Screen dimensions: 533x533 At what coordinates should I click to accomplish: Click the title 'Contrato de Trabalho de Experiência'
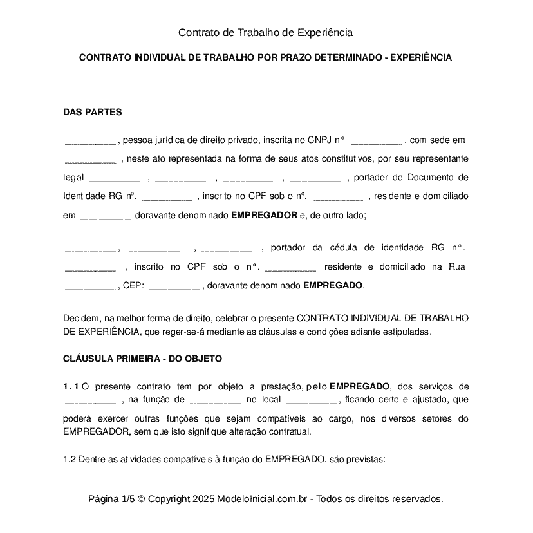click(x=265, y=32)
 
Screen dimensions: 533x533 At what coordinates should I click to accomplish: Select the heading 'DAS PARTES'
click(x=92, y=112)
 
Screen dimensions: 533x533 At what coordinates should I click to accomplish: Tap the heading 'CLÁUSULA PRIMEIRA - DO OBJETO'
click(x=142, y=359)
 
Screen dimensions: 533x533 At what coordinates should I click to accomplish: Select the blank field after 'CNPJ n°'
click(x=377, y=140)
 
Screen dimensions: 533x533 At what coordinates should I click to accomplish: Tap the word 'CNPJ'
click(x=319, y=140)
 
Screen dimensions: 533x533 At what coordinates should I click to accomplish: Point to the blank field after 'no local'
click(x=310, y=400)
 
